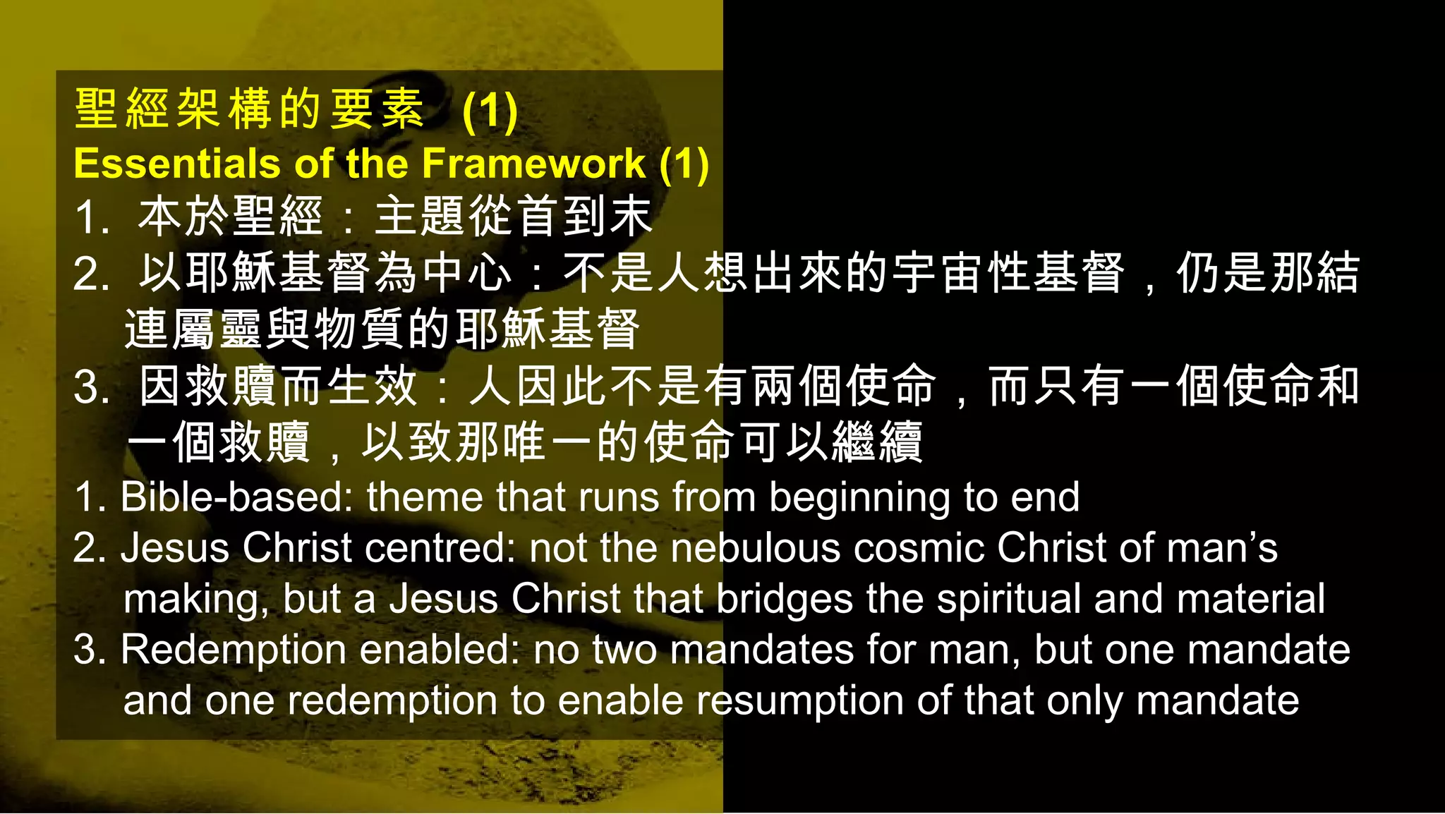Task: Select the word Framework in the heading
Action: coord(533,164)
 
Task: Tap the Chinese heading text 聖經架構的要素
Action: coord(249,110)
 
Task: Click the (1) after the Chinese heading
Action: coord(490,111)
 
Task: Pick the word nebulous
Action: coord(756,547)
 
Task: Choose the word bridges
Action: coord(785,600)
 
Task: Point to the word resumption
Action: coord(800,701)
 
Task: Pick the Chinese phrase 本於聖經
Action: coord(231,217)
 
